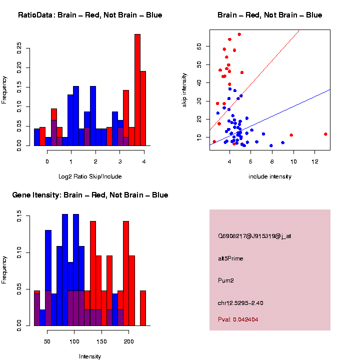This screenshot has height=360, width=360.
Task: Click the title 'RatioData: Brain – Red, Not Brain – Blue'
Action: pos(90,15)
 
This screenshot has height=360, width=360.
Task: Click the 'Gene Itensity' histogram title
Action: pos(90,195)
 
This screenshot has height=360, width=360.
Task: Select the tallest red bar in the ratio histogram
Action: pos(137,90)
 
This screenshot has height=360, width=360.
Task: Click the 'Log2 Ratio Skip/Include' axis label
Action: pos(90,176)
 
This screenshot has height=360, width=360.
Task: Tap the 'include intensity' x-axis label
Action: pos(270,176)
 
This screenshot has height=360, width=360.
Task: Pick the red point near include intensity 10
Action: pos(291,135)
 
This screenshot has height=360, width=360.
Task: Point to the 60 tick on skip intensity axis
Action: pos(198,46)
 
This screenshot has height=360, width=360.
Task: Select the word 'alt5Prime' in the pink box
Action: pos(230,258)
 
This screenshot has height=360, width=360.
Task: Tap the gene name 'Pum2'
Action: pos(226,280)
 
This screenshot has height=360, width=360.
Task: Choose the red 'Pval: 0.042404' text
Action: pos(241,319)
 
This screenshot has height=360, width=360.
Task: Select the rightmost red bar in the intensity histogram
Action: pos(143,307)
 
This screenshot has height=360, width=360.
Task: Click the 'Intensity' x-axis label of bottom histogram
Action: pos(90,356)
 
